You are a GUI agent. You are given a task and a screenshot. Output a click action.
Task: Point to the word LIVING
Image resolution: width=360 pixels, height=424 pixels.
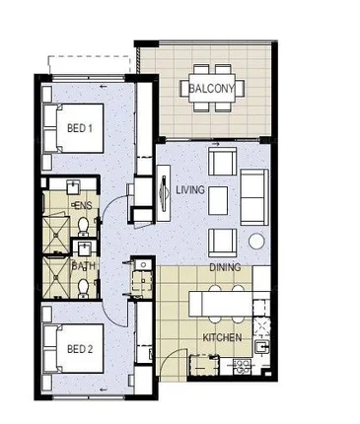189,188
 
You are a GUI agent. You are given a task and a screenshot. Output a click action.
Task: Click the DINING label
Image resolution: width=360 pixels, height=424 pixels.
225,267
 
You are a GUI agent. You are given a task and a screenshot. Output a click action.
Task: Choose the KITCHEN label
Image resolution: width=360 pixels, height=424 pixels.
221,337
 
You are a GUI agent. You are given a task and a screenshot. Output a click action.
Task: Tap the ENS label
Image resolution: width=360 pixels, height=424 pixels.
83,204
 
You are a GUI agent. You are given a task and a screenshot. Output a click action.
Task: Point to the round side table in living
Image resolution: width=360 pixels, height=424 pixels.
255,242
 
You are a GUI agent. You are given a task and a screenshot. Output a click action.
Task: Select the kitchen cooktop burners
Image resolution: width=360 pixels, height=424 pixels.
241,367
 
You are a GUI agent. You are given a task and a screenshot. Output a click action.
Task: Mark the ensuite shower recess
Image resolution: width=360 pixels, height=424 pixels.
55,221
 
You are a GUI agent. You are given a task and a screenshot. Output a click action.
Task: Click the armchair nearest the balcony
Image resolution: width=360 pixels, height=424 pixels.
222,159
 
